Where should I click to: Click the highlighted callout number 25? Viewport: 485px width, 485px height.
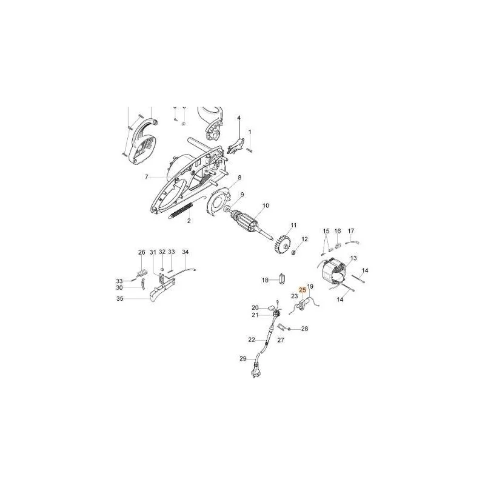(303, 290)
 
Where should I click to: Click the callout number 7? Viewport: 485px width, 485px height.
(147, 177)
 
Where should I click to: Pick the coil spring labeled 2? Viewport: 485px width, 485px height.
(181, 210)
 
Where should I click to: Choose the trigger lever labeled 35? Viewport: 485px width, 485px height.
(162, 289)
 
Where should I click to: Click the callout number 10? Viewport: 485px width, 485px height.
(266, 206)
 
